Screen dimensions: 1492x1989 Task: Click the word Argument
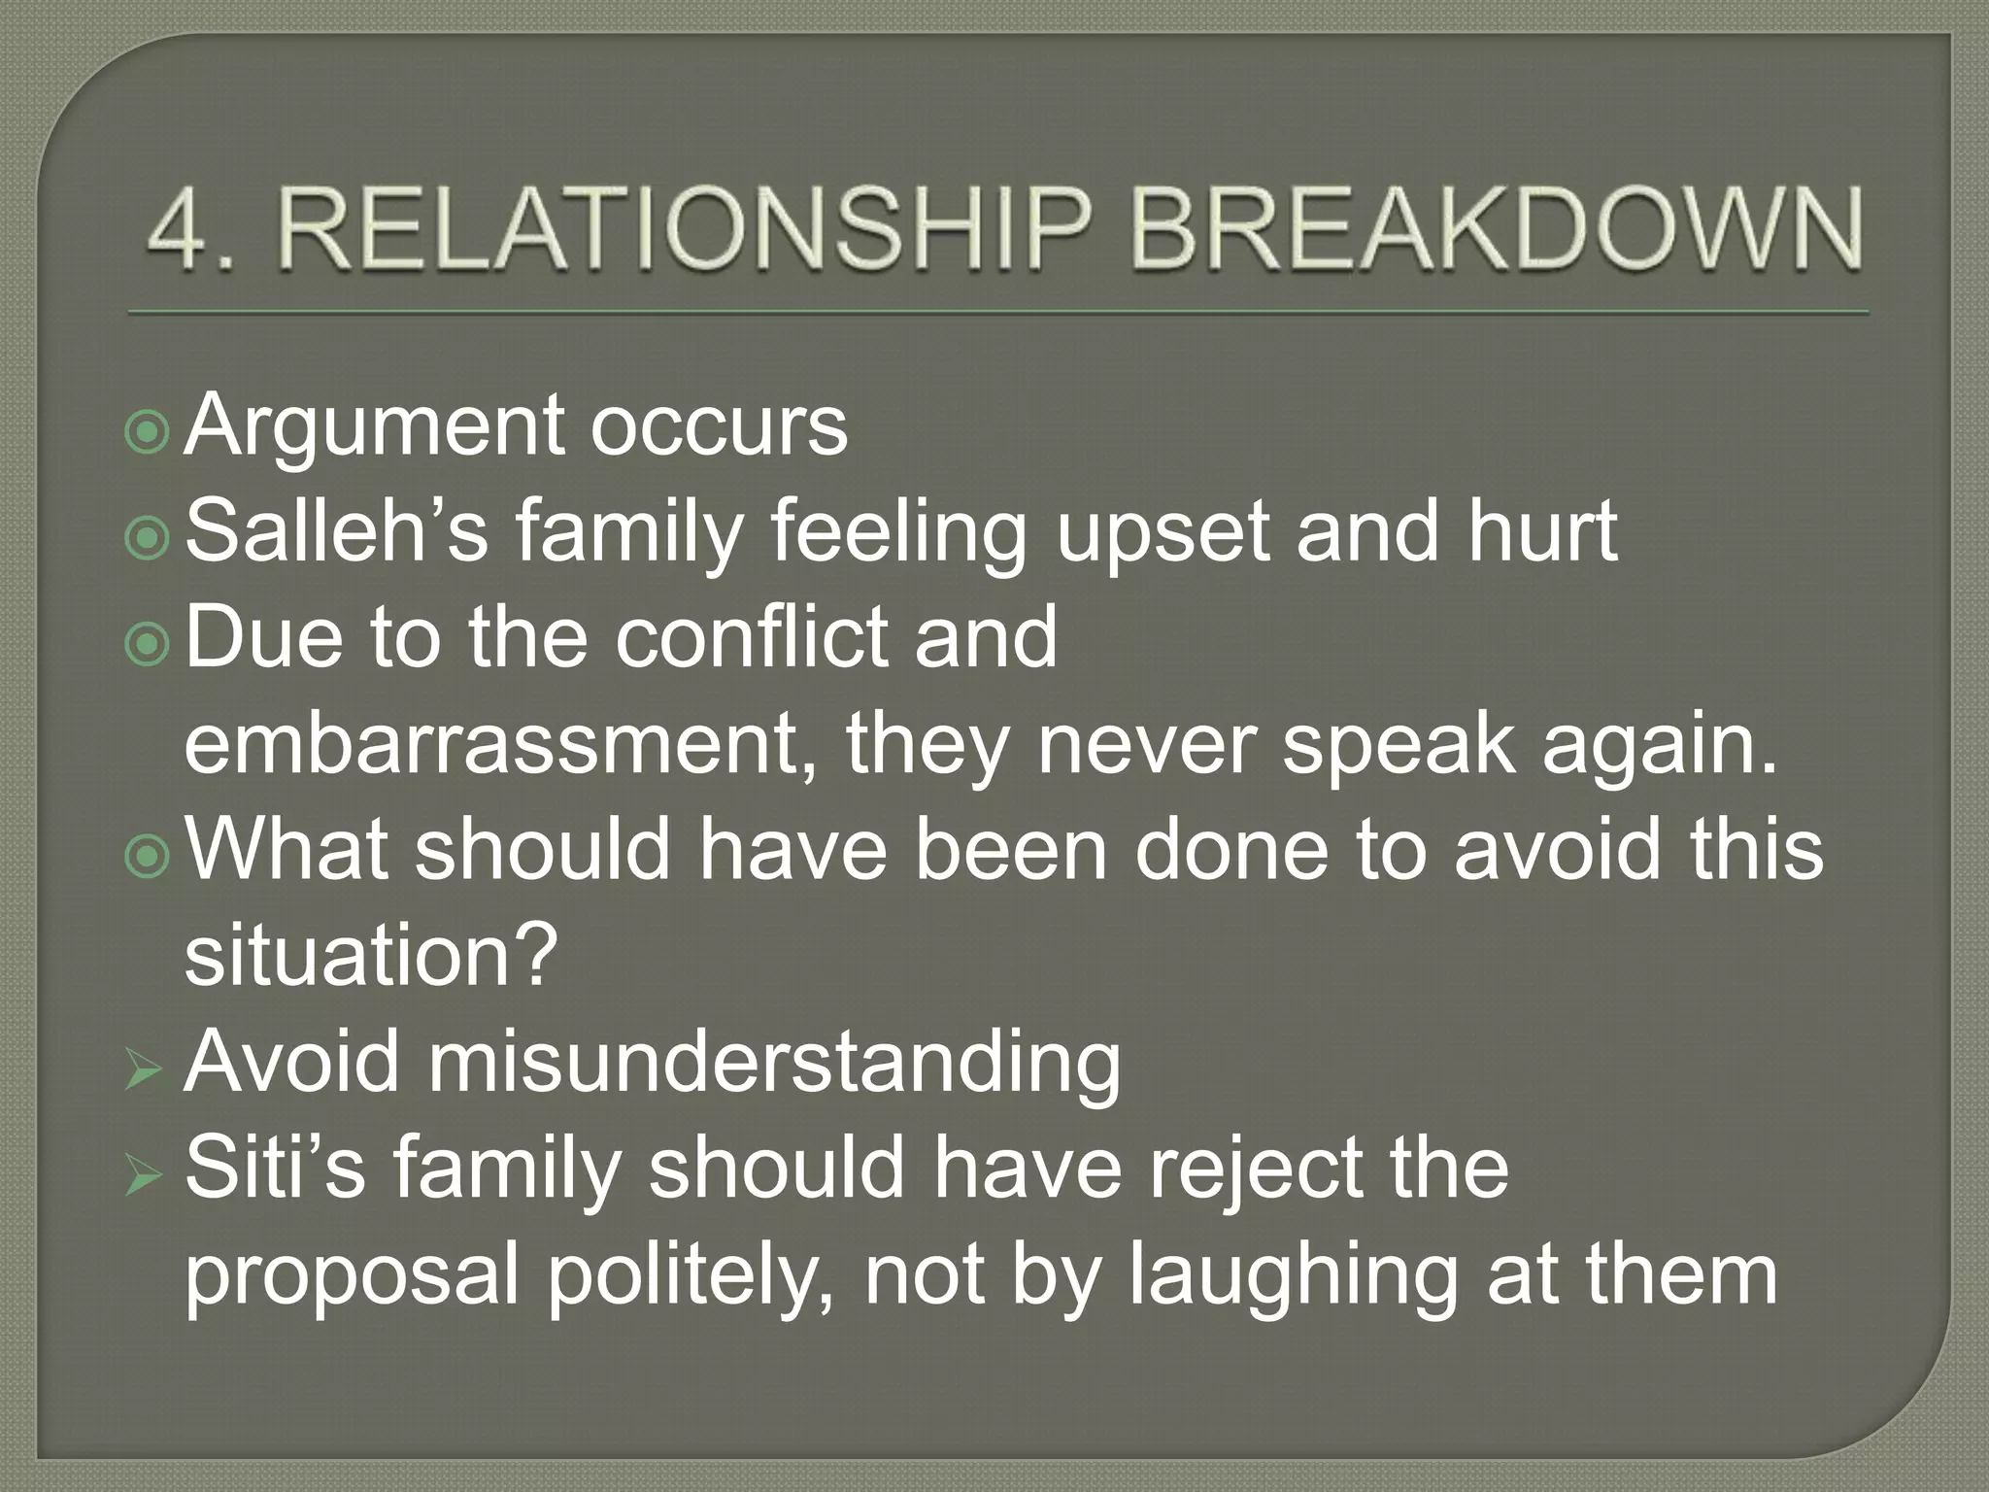click(374, 427)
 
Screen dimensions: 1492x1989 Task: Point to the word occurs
click(719, 427)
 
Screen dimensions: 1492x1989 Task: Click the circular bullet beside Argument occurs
click(148, 433)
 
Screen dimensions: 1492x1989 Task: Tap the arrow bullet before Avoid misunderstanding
click(145, 1071)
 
